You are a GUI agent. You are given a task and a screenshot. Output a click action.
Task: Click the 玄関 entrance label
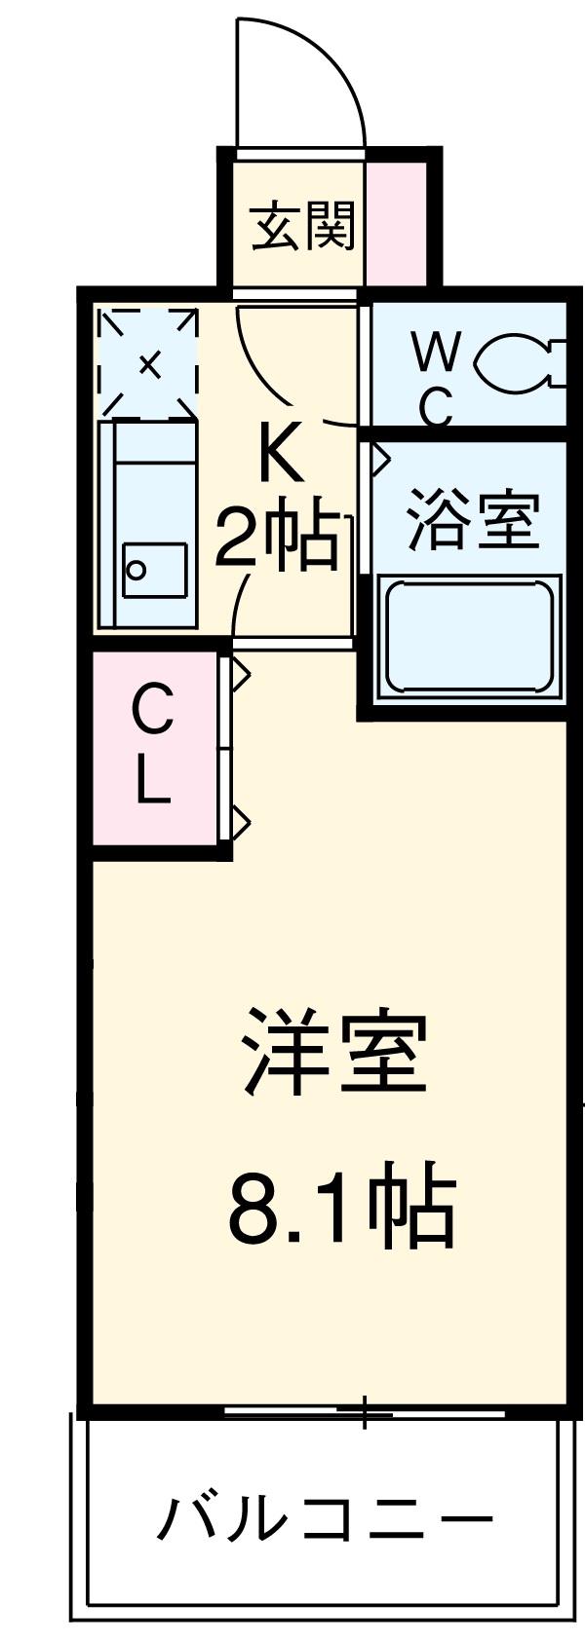click(302, 226)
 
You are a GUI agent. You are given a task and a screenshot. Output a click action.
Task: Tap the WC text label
click(435, 379)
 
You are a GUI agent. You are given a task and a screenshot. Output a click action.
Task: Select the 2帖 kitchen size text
click(279, 537)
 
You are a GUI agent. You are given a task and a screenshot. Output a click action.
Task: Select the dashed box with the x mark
click(148, 363)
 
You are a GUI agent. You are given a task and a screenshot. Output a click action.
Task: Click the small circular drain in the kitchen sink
click(137, 570)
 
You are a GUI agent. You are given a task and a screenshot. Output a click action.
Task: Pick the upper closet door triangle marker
click(240, 673)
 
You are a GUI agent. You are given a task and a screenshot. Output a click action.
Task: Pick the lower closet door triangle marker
click(240, 821)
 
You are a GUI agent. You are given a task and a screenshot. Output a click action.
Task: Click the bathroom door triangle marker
click(378, 458)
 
